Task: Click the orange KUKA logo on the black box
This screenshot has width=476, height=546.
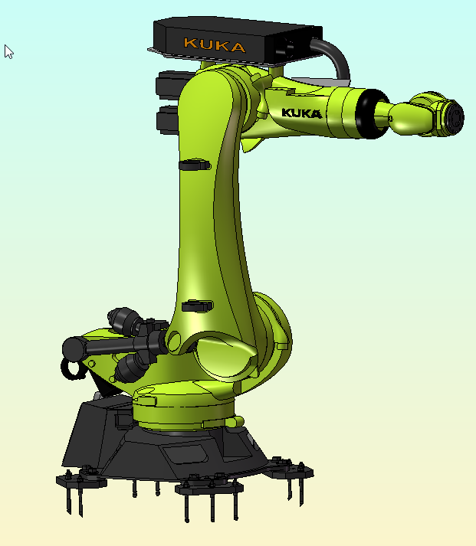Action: click(x=215, y=45)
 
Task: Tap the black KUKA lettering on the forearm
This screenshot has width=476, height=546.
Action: click(x=301, y=113)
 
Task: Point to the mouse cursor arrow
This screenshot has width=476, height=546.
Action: click(x=8, y=51)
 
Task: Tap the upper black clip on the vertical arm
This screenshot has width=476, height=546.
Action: click(x=193, y=164)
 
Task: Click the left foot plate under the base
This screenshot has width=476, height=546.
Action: click(x=80, y=481)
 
